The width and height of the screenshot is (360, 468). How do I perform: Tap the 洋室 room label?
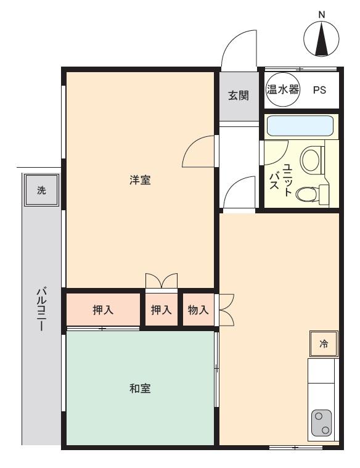pos(141,181)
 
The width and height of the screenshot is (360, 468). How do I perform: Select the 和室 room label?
pos(141,389)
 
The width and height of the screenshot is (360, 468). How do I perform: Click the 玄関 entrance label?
pos(239,96)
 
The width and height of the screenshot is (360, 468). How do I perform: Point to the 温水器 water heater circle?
pos(282,90)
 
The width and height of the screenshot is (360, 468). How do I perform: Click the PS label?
pos(319,90)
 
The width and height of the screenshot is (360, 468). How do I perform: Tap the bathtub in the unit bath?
pos(300,126)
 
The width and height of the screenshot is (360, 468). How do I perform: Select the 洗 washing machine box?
pos(41,191)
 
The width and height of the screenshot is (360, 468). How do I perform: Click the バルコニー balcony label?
pos(41,308)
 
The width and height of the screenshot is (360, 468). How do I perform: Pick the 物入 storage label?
pos(198,310)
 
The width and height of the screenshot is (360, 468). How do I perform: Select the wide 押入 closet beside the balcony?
pos(103,310)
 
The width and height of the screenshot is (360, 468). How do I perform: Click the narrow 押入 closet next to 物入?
pos(162,310)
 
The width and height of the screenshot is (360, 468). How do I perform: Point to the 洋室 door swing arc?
pos(198,151)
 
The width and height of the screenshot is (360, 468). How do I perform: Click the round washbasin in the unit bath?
pos(312,160)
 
